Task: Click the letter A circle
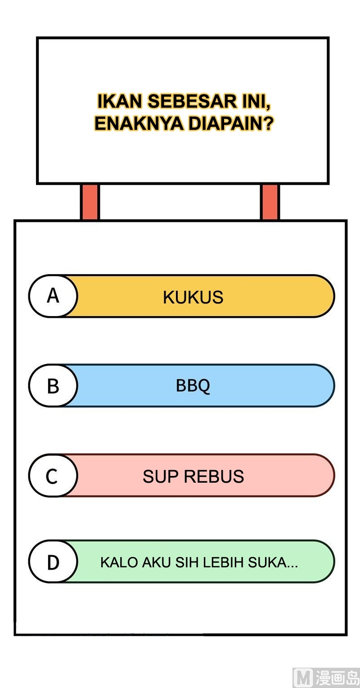53,296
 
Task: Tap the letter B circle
53,386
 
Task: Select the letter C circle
52,476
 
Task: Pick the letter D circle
53,562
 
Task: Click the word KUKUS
193,298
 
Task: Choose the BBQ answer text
193,386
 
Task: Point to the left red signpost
90,202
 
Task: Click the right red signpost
270,202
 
